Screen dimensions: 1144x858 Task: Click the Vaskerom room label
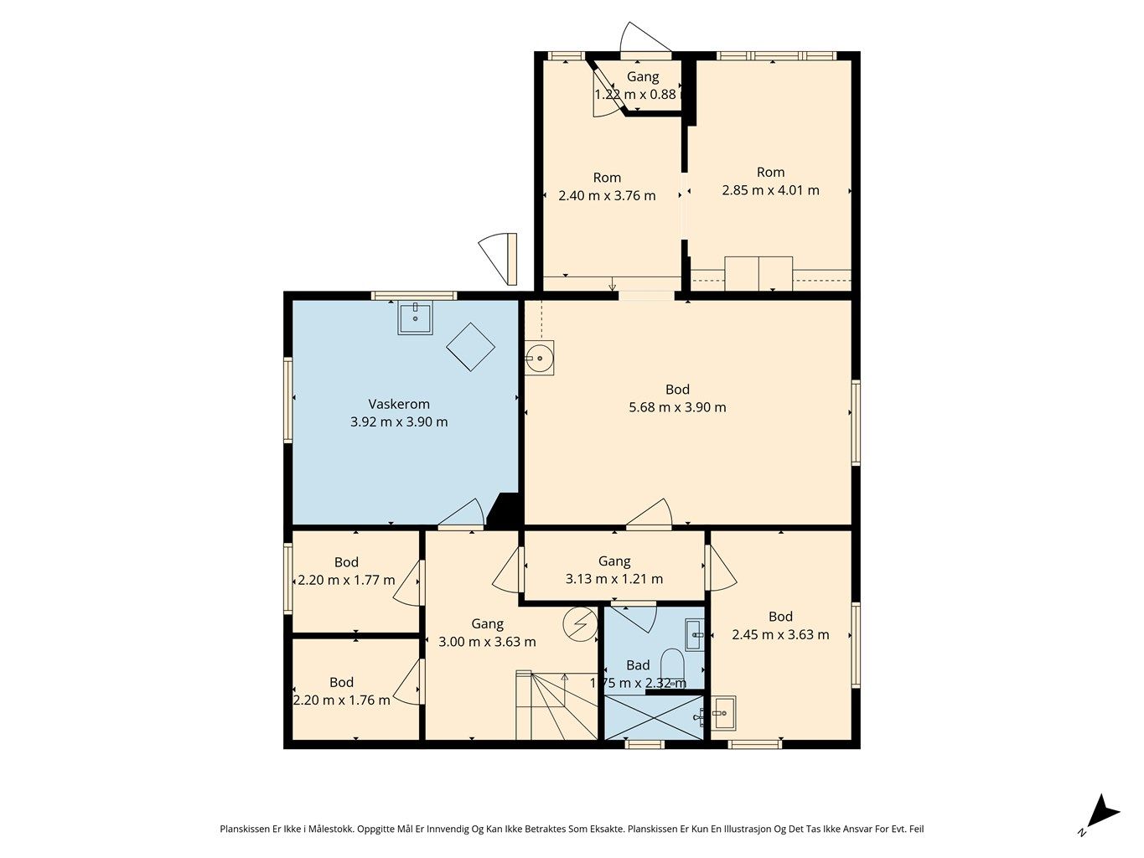(399, 404)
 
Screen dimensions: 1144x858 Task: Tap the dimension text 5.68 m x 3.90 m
(677, 407)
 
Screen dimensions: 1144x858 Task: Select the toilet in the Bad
(672, 667)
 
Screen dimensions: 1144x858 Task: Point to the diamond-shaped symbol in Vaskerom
(471, 346)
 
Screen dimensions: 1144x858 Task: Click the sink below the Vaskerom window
(416, 318)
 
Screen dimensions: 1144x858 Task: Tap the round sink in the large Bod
(539, 358)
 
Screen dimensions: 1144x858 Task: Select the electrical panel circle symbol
(580, 623)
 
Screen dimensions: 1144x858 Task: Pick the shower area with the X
(654, 717)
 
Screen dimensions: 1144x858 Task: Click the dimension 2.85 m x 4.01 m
(770, 190)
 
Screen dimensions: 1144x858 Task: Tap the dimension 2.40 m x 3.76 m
(607, 196)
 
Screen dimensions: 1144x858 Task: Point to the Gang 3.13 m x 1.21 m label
(614, 570)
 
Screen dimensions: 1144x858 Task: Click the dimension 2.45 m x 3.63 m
(780, 634)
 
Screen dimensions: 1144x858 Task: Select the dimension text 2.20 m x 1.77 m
(346, 580)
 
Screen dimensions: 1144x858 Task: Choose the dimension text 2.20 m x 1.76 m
(341, 700)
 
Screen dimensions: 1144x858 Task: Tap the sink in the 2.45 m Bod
(723, 713)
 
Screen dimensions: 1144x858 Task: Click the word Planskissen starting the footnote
(245, 829)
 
